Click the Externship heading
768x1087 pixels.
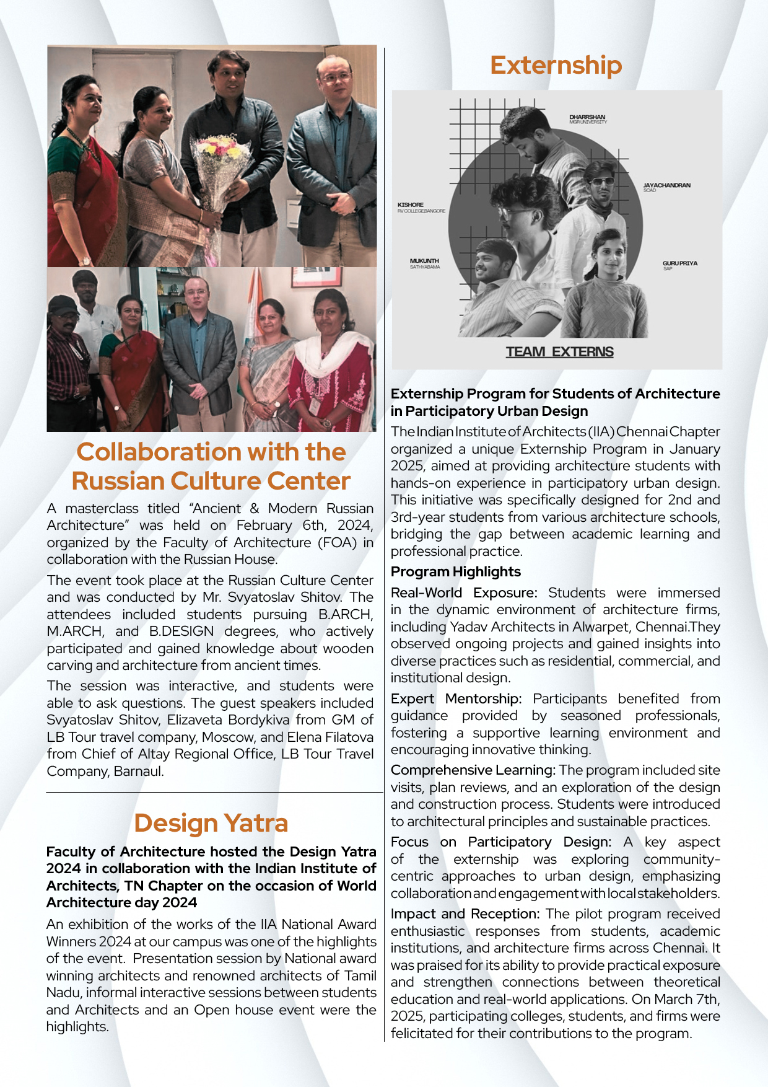tap(556, 65)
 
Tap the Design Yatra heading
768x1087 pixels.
tap(211, 823)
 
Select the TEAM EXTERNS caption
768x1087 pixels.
tap(559, 352)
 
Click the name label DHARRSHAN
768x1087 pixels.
tap(587, 117)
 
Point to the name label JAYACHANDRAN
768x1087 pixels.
tap(666, 185)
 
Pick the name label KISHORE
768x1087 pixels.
tap(411, 205)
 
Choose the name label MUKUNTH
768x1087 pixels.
tap(424, 261)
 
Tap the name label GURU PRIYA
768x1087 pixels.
tap(679, 263)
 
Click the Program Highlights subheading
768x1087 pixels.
tap(455, 571)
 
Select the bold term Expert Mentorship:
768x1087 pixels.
tap(456, 698)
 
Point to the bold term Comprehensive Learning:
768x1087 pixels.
tap(473, 770)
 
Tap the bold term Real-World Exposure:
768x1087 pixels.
tap(463, 592)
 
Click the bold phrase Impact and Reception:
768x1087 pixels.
tap(465, 913)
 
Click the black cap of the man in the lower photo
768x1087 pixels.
tap(63, 304)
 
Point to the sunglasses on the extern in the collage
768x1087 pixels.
tap(601, 182)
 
